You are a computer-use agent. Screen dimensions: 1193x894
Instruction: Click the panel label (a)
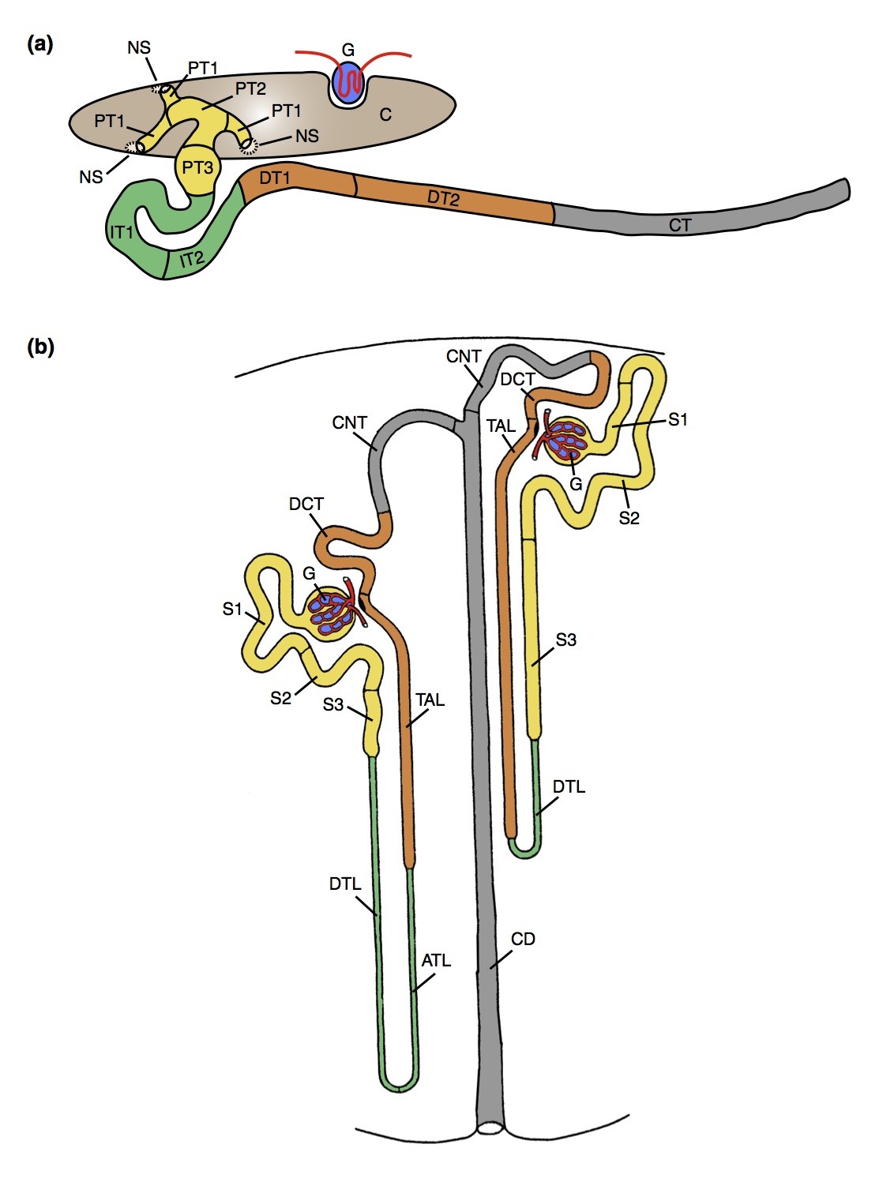[x=40, y=44]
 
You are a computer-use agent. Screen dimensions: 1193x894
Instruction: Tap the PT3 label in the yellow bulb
[x=197, y=167]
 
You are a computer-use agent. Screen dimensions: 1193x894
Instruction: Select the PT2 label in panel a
[x=250, y=88]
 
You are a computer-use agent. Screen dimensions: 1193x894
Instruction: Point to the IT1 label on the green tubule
[x=122, y=232]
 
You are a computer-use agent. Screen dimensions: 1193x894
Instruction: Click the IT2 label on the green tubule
[x=192, y=258]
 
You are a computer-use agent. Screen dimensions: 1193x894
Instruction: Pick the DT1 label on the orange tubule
[x=274, y=178]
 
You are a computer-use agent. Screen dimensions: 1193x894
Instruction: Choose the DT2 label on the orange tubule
[x=443, y=198]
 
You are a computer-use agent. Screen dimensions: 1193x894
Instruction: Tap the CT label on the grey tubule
[x=680, y=225]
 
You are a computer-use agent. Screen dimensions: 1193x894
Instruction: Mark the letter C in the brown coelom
[x=385, y=115]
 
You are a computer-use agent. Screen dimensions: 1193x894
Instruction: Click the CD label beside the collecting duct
[x=523, y=939]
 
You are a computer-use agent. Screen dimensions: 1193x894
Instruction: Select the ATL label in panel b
[x=436, y=960]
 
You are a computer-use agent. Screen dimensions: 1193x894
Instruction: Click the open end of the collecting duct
[x=490, y=1129]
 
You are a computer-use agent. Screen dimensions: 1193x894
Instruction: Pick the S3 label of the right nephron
[x=565, y=640]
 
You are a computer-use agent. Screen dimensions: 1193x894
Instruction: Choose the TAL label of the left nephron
[x=430, y=700]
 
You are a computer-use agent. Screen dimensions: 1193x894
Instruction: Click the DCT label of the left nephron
[x=306, y=504]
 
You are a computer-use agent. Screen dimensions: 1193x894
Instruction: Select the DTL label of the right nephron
[x=569, y=786]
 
